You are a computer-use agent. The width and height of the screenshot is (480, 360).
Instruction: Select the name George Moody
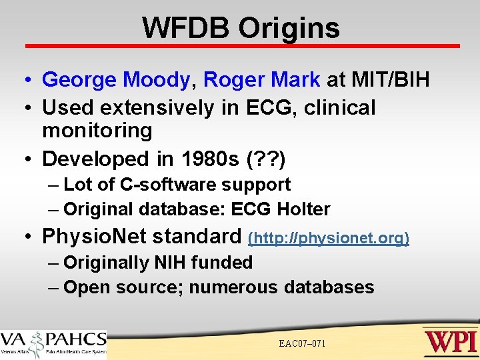point(116,80)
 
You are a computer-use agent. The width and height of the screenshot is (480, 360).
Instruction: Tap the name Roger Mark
point(261,80)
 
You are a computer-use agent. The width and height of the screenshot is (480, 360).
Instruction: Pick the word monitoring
point(97,130)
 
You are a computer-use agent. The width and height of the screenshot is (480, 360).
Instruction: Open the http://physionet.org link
point(329,237)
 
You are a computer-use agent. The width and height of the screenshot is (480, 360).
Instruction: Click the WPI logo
point(450,341)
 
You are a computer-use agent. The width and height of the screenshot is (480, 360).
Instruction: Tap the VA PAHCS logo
point(53,343)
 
